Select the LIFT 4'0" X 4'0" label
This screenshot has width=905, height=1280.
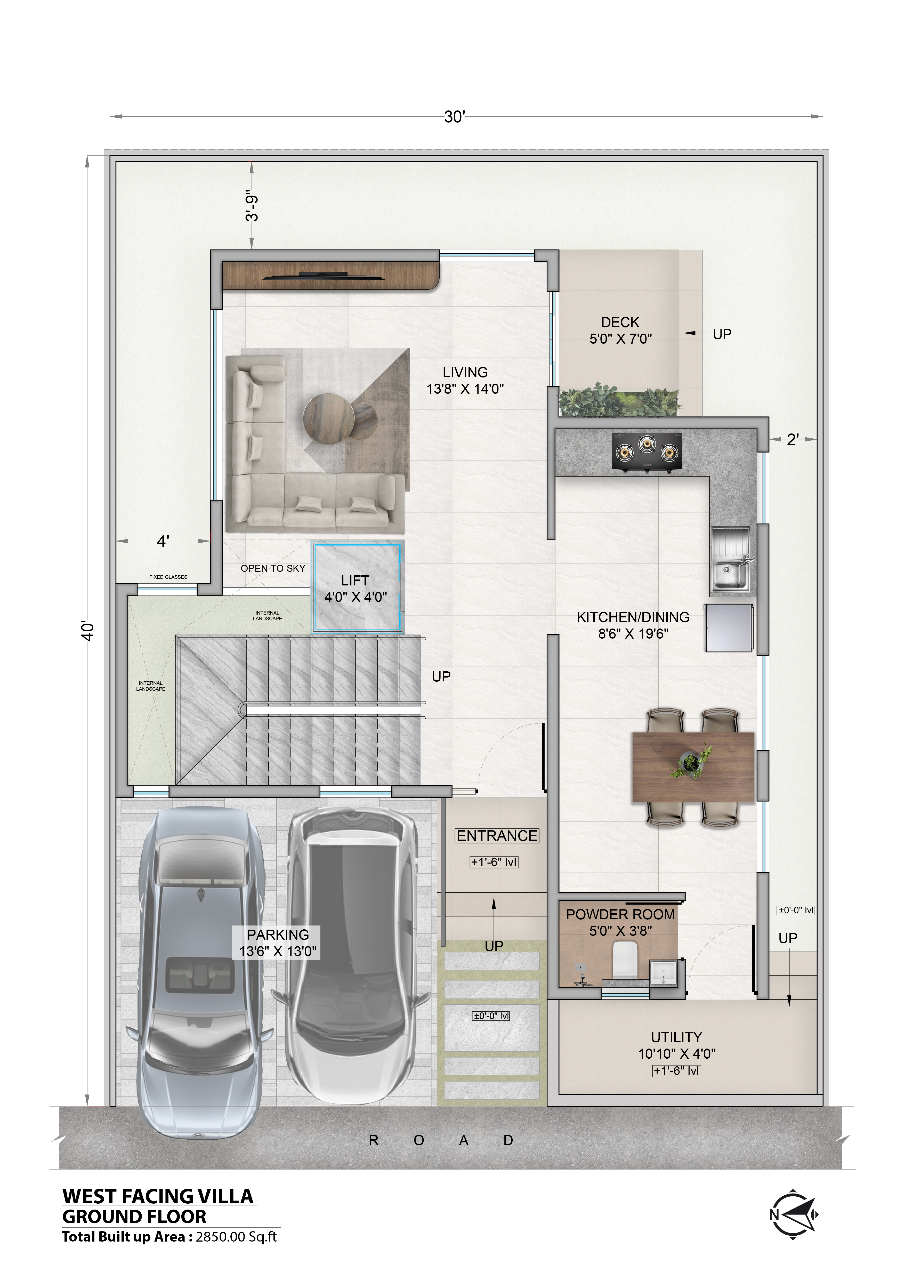coord(355,589)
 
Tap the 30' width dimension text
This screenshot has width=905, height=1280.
coord(454,117)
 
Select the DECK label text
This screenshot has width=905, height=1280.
coord(620,322)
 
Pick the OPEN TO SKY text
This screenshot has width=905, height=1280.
coord(273,568)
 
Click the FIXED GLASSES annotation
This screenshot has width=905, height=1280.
coord(168,577)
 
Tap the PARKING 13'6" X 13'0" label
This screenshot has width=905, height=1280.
coord(278,943)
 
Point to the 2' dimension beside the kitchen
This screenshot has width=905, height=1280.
coord(793,440)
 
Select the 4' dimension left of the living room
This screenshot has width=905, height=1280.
coord(163,541)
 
